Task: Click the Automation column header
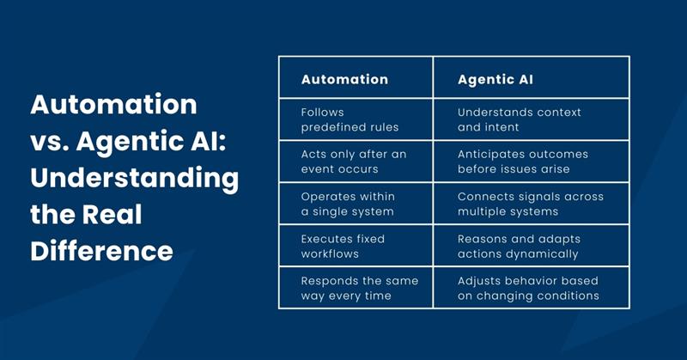[344, 79]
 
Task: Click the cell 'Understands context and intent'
[519, 119]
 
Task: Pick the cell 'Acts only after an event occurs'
[353, 162]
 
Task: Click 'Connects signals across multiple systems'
[530, 204]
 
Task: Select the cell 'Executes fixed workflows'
[343, 246]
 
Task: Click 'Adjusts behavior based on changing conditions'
[527, 288]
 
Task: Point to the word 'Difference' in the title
[101, 251]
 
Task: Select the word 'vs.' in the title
[50, 142]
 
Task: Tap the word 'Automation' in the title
[113, 105]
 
